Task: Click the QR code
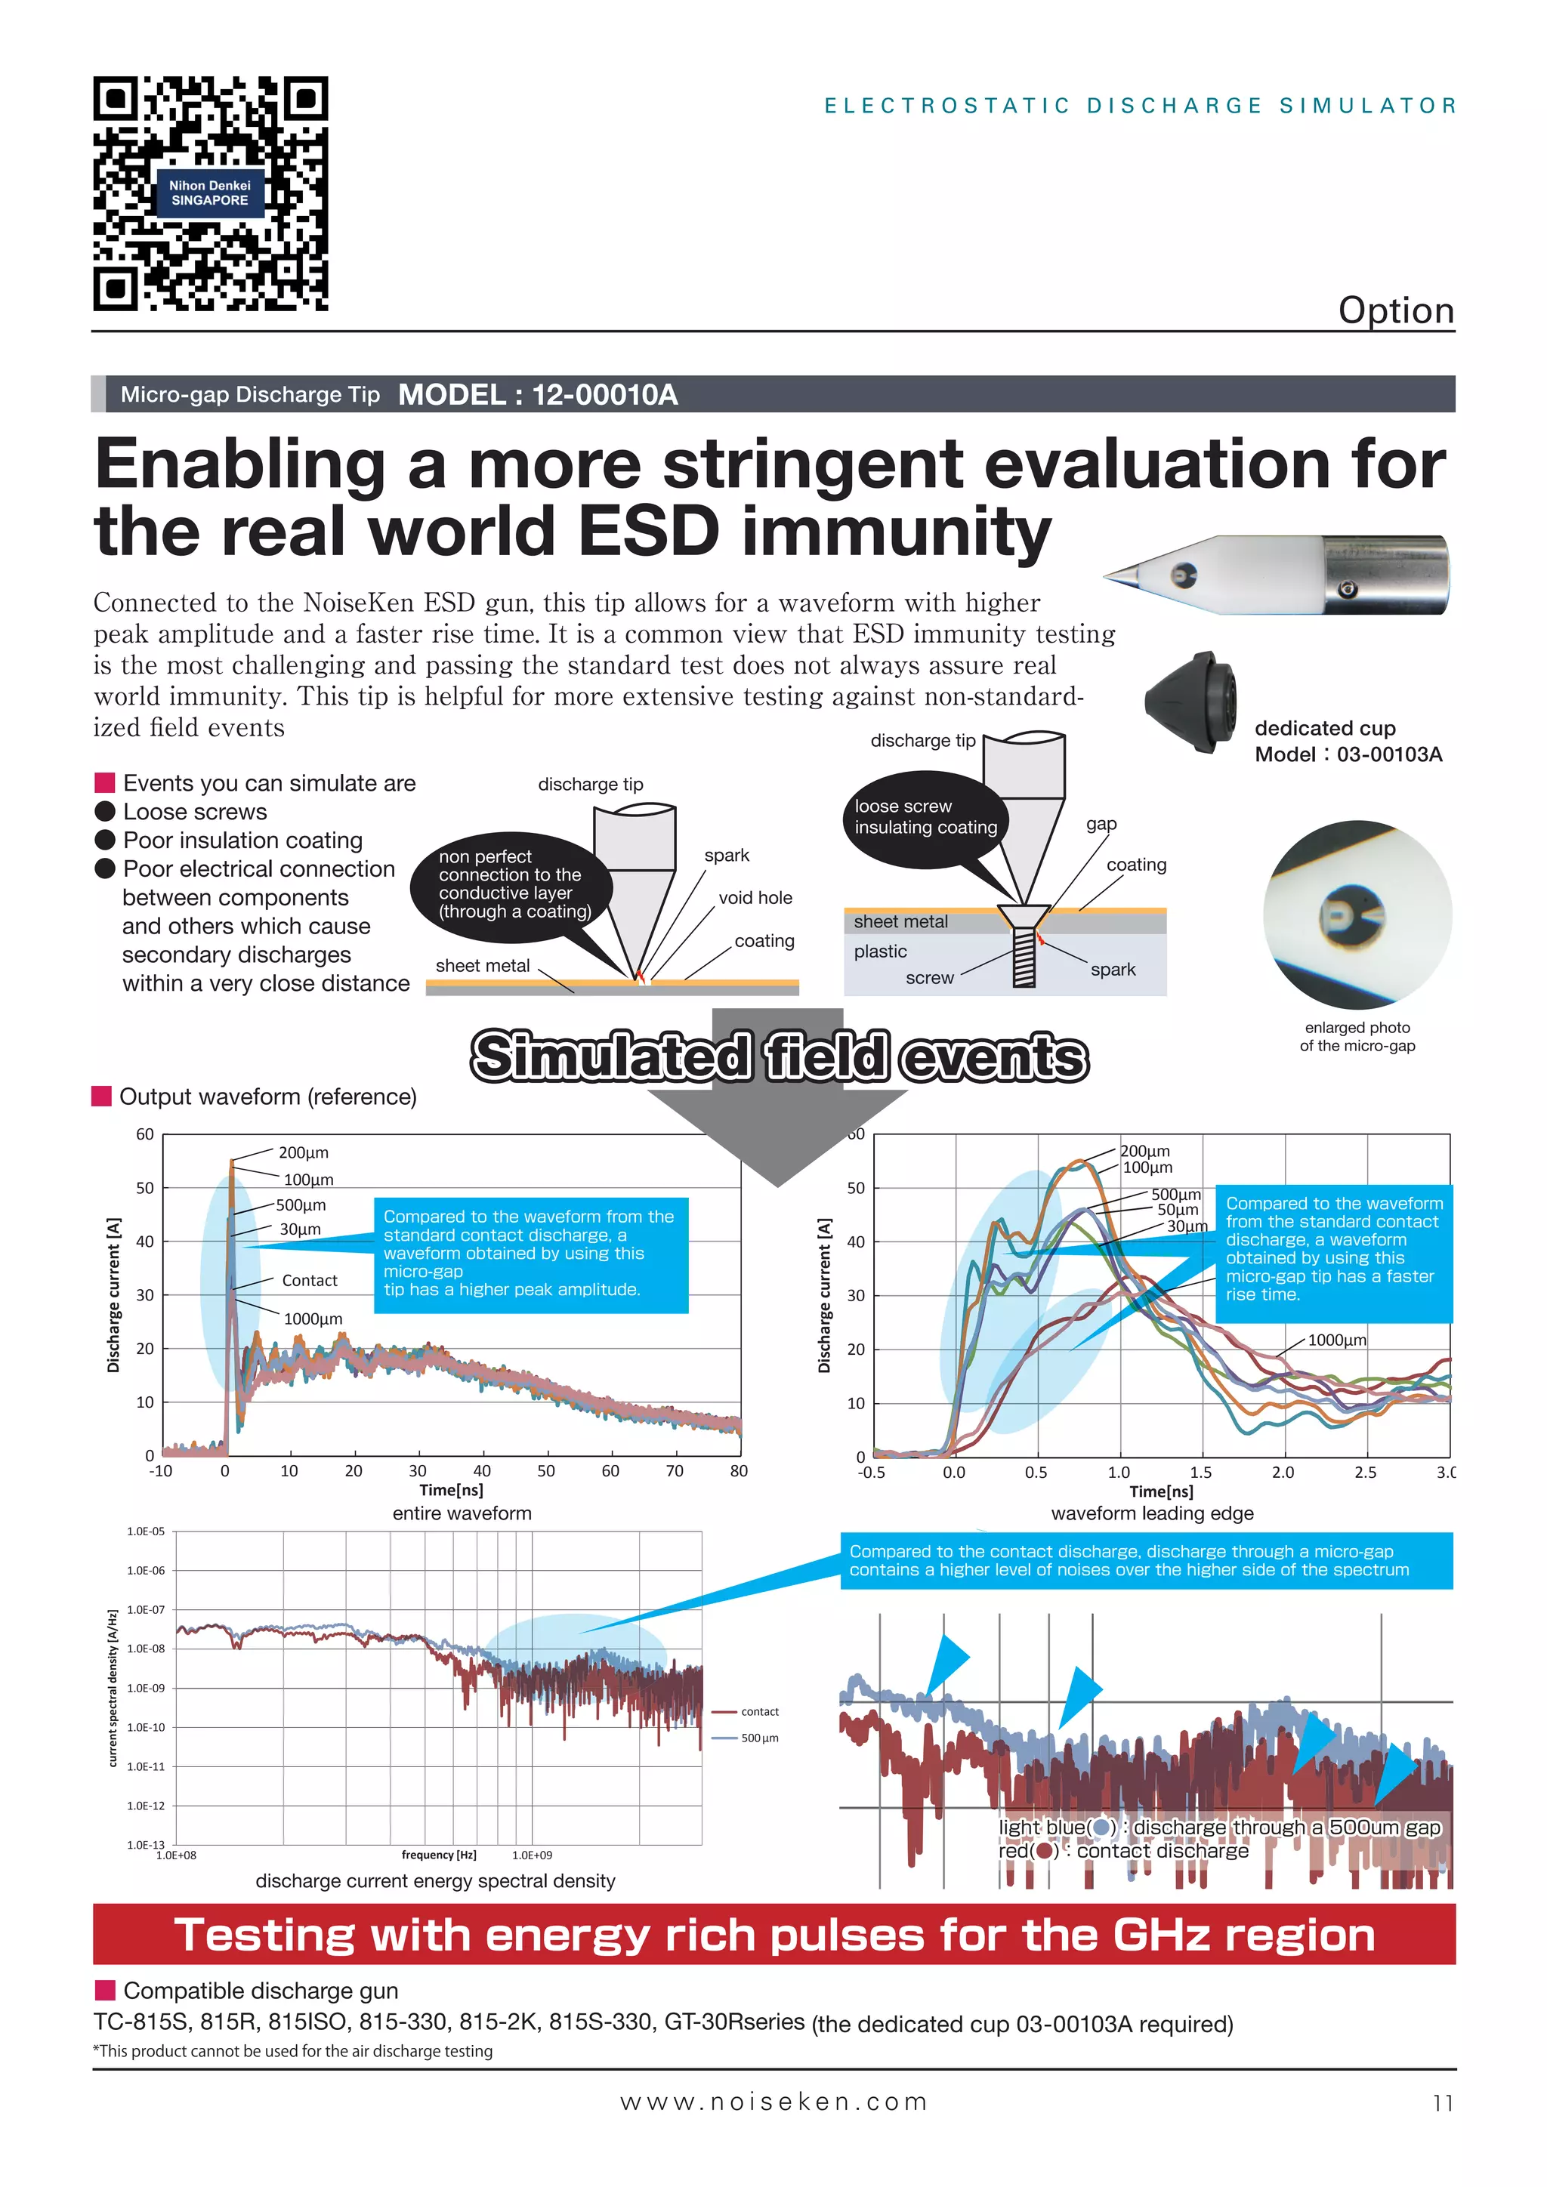click(211, 193)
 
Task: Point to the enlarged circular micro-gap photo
click(1357, 915)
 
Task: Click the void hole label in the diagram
click(755, 897)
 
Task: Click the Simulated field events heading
click(780, 1056)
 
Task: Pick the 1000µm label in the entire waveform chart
click(313, 1319)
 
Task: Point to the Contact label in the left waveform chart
click(310, 1280)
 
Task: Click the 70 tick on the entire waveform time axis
click(675, 1470)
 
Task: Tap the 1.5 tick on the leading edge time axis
click(1200, 1472)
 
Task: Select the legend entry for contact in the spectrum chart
click(758, 1712)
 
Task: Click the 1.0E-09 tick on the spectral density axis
click(146, 1688)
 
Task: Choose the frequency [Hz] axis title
click(438, 1855)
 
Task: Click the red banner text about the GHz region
click(773, 1936)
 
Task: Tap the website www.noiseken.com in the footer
click(773, 2102)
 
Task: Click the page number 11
click(1442, 2103)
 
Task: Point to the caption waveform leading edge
click(1152, 1513)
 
